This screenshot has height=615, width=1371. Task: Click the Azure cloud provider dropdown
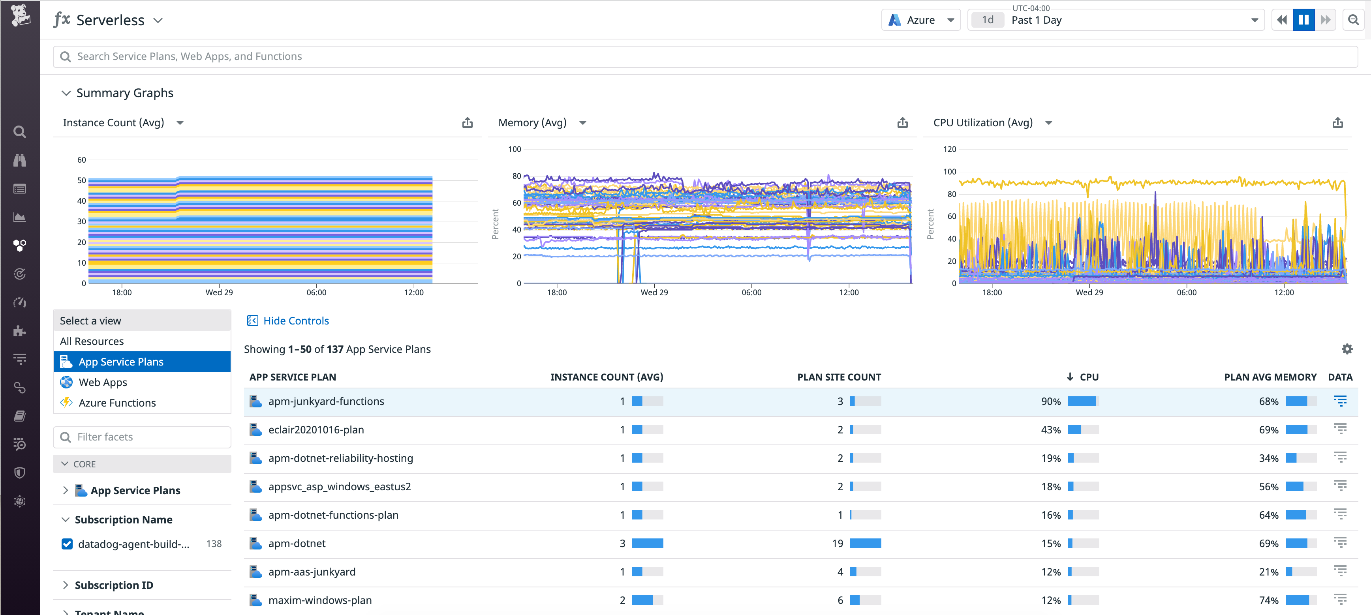pyautogui.click(x=921, y=20)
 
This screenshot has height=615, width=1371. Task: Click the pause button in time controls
pyautogui.click(x=1303, y=20)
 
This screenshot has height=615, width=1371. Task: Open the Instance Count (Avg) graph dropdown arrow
pyautogui.click(x=180, y=123)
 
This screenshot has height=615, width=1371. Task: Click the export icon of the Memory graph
pyautogui.click(x=902, y=123)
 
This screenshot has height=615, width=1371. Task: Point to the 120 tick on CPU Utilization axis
pyautogui.click(x=950, y=150)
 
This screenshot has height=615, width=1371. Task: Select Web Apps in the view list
pyautogui.click(x=103, y=382)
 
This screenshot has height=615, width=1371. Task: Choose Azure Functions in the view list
pyautogui.click(x=117, y=403)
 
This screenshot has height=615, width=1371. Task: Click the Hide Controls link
pyautogui.click(x=296, y=321)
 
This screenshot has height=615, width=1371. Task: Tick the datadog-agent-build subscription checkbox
pyautogui.click(x=67, y=544)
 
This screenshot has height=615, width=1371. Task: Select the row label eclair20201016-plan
pyautogui.click(x=316, y=430)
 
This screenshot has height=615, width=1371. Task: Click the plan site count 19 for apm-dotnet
pyautogui.click(x=837, y=544)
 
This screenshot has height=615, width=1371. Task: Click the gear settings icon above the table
pyautogui.click(x=1347, y=349)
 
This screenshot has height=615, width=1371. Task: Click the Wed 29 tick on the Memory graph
pyautogui.click(x=654, y=292)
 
